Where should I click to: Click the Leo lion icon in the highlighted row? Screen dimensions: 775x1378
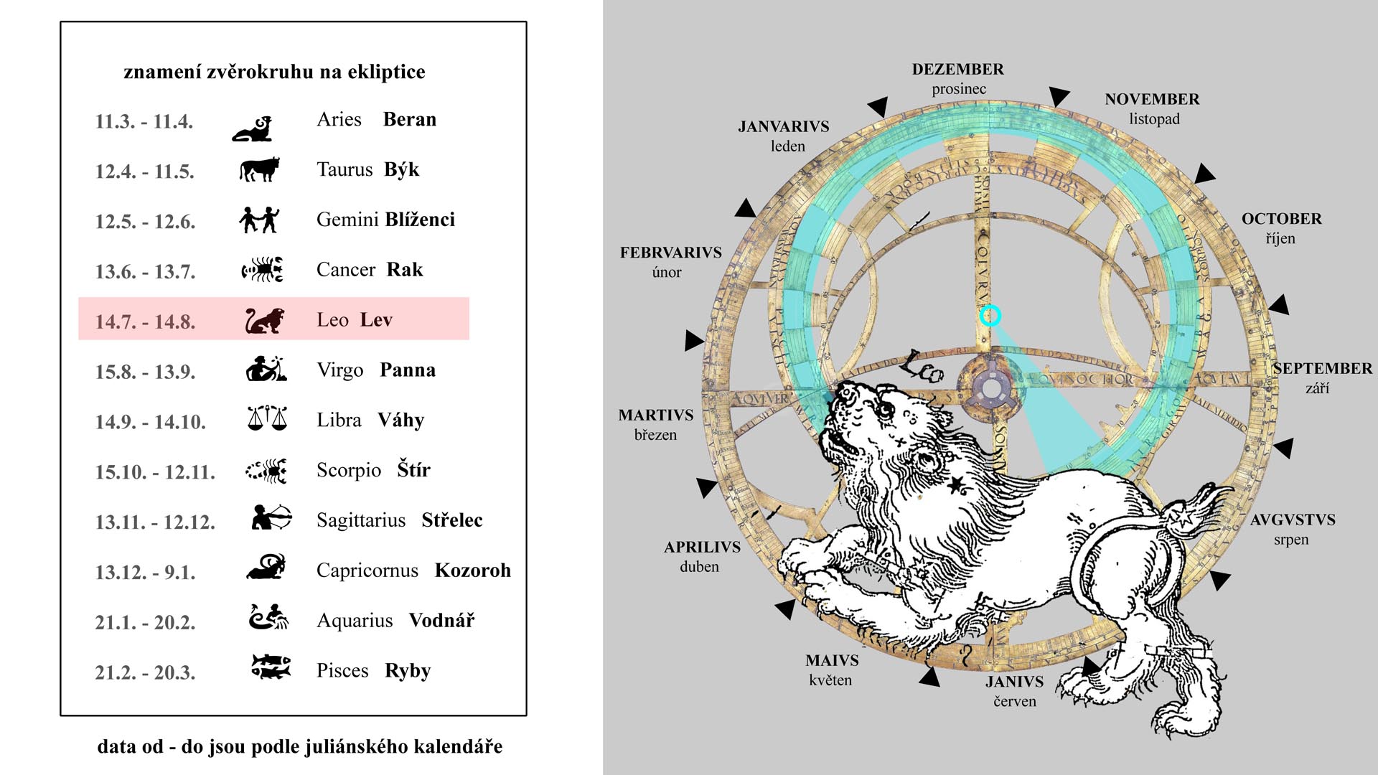(x=265, y=321)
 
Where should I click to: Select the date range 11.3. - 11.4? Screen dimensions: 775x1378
(x=144, y=121)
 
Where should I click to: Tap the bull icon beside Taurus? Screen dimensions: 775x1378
(x=258, y=169)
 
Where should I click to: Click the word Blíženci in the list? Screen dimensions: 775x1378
(x=420, y=220)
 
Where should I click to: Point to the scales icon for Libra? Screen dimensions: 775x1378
(x=266, y=418)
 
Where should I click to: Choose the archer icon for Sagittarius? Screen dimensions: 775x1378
(x=271, y=517)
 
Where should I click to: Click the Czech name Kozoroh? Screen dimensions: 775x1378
(x=472, y=570)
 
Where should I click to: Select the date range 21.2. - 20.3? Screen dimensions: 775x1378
(x=145, y=672)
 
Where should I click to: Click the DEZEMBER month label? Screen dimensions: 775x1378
(x=957, y=70)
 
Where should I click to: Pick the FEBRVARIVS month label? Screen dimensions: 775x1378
(x=670, y=253)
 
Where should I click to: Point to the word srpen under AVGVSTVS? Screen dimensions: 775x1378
(x=1291, y=540)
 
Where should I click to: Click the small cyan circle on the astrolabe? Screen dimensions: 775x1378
(x=990, y=316)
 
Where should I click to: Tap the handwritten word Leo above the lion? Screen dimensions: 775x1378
(x=922, y=366)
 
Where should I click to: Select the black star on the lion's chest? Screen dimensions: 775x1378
(x=955, y=486)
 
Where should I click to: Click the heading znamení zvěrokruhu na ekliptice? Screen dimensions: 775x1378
(x=274, y=72)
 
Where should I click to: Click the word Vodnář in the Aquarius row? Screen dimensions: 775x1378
(x=441, y=621)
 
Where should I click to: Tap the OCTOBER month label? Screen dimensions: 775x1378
(x=1281, y=219)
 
